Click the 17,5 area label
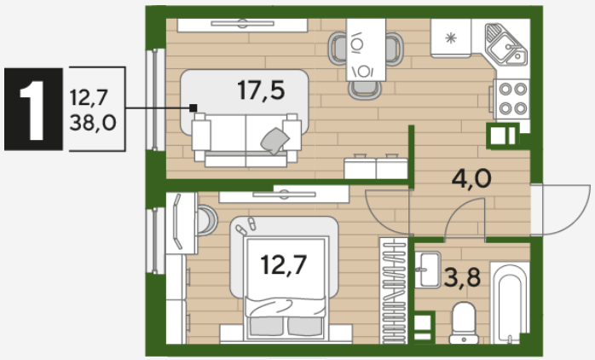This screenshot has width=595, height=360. point(261,90)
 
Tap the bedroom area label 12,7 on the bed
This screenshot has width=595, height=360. point(284,264)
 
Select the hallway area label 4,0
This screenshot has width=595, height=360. point(471,178)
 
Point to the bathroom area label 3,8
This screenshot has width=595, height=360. point(462,277)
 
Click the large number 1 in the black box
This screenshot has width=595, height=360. point(33,110)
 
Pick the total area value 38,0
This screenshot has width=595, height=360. point(93,123)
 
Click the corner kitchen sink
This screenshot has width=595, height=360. point(506,44)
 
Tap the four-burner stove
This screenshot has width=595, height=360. point(511,99)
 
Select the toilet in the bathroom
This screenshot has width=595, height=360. point(464,322)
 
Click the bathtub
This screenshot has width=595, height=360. point(510,303)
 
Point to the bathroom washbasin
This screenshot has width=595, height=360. point(427,270)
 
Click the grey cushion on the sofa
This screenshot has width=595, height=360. point(274,141)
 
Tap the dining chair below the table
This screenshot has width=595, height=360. point(364,90)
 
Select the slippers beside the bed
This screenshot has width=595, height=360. point(246,226)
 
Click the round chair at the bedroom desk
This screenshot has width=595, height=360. point(207,220)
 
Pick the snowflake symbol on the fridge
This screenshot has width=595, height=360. point(450,38)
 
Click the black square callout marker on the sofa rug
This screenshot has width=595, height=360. point(194,107)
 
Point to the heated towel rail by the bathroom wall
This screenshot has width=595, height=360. point(393,291)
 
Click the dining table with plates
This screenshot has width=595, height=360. point(366,49)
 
